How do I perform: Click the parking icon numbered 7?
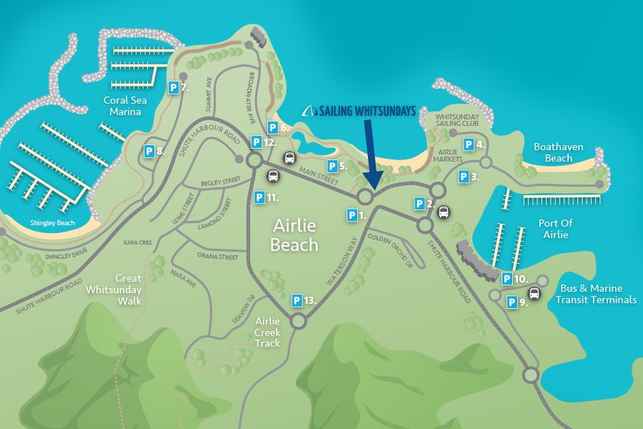click(173, 88)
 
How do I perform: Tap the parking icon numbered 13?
click(296, 300)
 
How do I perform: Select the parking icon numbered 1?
click(352, 214)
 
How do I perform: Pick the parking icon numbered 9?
click(512, 302)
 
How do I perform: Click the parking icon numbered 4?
click(469, 144)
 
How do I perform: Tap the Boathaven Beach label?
click(559, 152)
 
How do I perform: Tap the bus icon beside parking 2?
click(444, 212)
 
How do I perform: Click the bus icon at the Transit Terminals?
click(534, 293)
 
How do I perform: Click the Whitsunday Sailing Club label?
click(457, 120)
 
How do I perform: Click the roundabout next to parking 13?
click(298, 322)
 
